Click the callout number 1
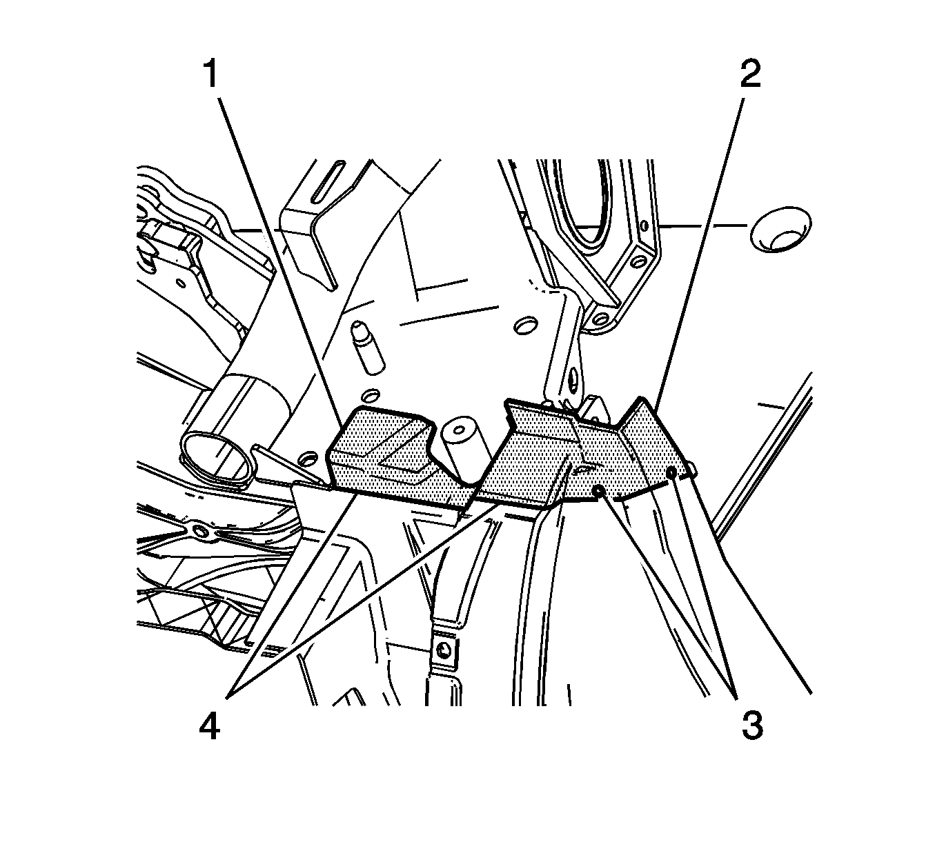211,74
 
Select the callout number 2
750,74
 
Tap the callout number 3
752,725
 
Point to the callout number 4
209,726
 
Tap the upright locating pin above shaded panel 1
369,346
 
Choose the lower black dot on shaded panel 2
599,491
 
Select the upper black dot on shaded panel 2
671,472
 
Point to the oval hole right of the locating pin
525,326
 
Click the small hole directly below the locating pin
371,396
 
